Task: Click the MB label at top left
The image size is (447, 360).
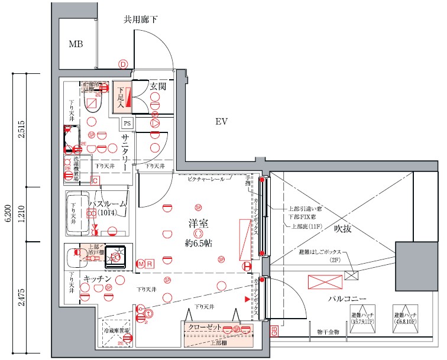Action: click(76, 44)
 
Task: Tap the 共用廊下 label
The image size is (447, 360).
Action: click(140, 20)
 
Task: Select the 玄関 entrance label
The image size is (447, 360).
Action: click(158, 86)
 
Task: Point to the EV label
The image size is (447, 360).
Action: click(221, 122)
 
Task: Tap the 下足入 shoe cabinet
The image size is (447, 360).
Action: click(121, 96)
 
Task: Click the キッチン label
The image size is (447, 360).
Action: click(97, 278)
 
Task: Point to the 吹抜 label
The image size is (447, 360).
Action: click(342, 228)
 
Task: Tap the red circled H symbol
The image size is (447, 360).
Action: click(247, 267)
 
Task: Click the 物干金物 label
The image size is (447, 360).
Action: click(328, 333)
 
